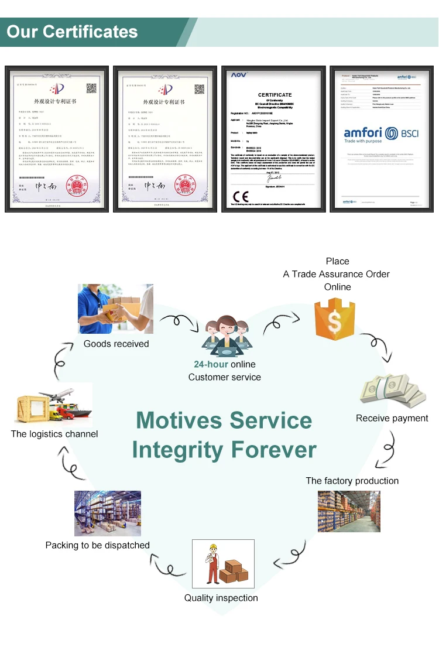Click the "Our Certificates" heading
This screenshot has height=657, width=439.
tap(72, 32)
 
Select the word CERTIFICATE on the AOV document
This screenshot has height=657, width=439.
tap(275, 94)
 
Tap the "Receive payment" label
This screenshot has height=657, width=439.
tap(392, 418)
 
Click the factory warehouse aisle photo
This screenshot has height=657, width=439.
tap(349, 511)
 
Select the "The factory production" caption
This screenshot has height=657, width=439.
tap(352, 481)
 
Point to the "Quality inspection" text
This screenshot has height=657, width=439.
tap(221, 598)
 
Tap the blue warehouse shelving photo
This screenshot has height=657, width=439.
tap(108, 513)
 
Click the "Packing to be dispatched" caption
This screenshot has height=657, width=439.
tap(98, 545)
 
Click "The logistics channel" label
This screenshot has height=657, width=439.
tap(54, 434)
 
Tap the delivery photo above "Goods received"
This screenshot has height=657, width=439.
tap(115, 309)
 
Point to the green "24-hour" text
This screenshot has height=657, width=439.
tap(211, 364)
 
